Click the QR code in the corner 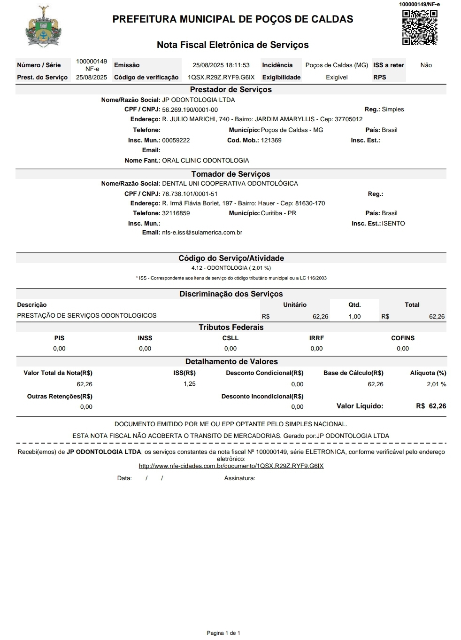pos(420,27)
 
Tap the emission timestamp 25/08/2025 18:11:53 pos(221,65)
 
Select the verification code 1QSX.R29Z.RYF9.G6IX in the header pos(221,78)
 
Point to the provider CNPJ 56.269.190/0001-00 pos(190,109)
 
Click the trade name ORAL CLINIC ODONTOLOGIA pos(205,161)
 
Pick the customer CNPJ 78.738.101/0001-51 pos(190,194)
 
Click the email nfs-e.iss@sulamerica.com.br pos(202,233)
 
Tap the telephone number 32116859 pos(176,213)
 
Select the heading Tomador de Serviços pos(230,174)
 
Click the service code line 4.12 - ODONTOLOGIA pos(230,268)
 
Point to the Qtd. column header pos(354,305)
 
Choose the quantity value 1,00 pos(354,317)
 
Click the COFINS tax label pos(403,338)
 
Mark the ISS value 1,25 pos(190,384)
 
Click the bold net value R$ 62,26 pos(431,406)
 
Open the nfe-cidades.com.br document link pos(231,466)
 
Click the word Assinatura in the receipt pos(239,478)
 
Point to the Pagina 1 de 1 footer pos(223,633)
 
